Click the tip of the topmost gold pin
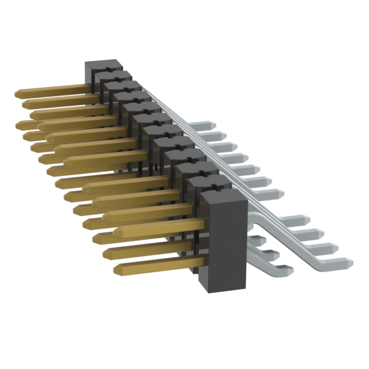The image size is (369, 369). tap(17, 93)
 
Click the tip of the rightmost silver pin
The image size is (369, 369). tap(348, 261)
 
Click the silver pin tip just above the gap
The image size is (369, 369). tap(279, 194)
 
